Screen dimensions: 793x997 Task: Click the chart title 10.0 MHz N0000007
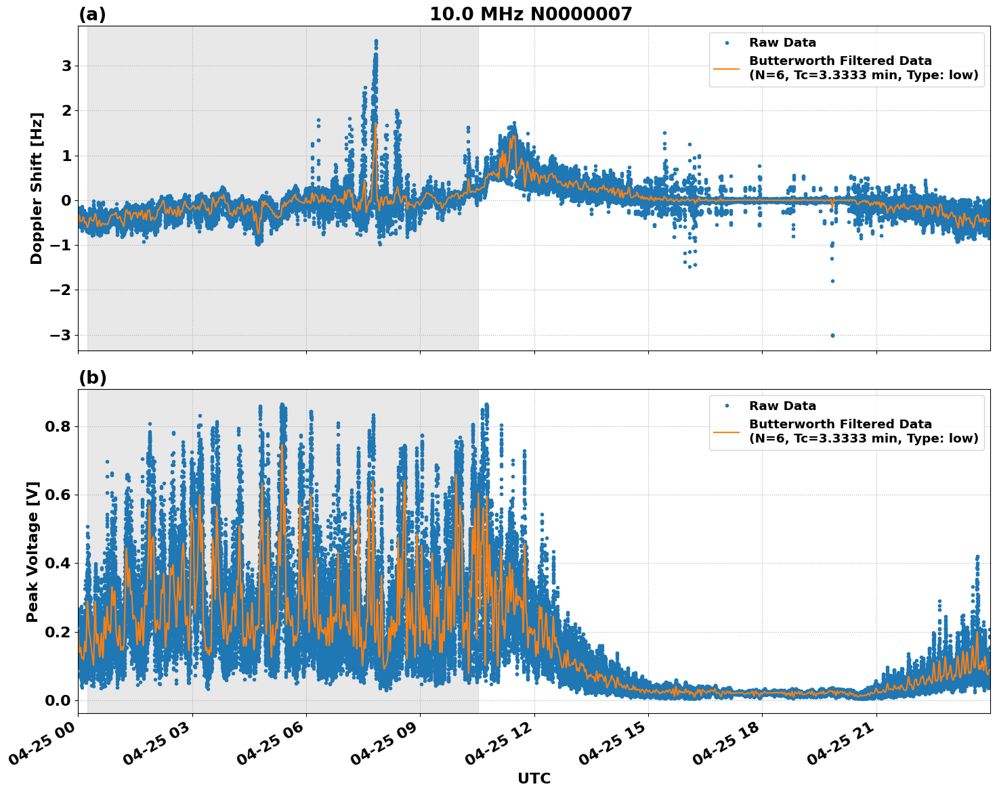(530, 14)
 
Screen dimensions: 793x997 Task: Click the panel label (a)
(92, 14)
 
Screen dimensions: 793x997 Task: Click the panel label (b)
(92, 378)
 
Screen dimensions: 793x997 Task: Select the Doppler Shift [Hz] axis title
(37, 188)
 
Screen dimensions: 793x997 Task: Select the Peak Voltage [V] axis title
(33, 551)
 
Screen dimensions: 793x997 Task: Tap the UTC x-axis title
(534, 778)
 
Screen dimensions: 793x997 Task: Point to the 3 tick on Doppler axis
(66, 66)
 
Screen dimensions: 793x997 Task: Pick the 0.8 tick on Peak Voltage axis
(57, 426)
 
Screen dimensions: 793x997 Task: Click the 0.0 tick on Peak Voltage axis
(57, 700)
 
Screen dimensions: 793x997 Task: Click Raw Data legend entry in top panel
(782, 43)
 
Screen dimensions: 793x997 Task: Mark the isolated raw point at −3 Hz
(832, 335)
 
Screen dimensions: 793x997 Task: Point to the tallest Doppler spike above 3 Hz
(376, 42)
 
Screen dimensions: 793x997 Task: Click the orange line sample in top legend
(727, 68)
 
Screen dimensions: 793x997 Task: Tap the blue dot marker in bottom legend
(727, 406)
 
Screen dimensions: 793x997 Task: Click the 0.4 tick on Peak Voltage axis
(57, 563)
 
